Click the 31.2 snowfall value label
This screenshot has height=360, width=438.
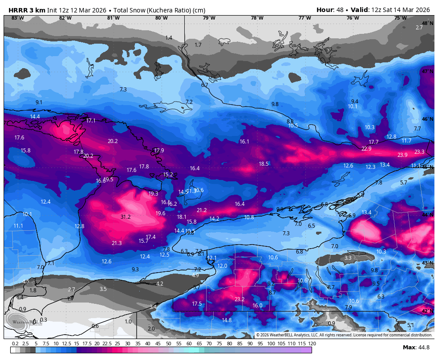coord(126,217)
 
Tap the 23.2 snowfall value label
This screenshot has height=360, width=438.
coord(239,299)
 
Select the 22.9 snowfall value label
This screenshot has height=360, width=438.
coord(366,149)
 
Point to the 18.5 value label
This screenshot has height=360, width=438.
coord(264,164)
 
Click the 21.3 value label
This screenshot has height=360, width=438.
coord(117,243)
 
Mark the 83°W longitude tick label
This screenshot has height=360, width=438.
coord(17,18)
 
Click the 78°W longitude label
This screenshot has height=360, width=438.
coord(257,18)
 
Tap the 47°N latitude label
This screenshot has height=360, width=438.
coord(427,71)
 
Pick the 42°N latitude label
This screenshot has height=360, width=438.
coord(427,311)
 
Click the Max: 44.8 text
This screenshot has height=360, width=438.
coord(416,348)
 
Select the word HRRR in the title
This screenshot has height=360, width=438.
coord(17,10)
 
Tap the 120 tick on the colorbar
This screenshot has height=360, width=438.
coord(312,344)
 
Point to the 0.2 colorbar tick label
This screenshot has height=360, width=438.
coord(15,344)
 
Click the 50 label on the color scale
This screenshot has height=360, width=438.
coord(168,344)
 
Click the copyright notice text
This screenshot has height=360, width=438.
coord(344,335)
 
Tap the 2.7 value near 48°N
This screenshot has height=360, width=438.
coord(419,28)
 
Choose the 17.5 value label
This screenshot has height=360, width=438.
coord(197,304)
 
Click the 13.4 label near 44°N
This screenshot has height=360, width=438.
coord(366,213)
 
